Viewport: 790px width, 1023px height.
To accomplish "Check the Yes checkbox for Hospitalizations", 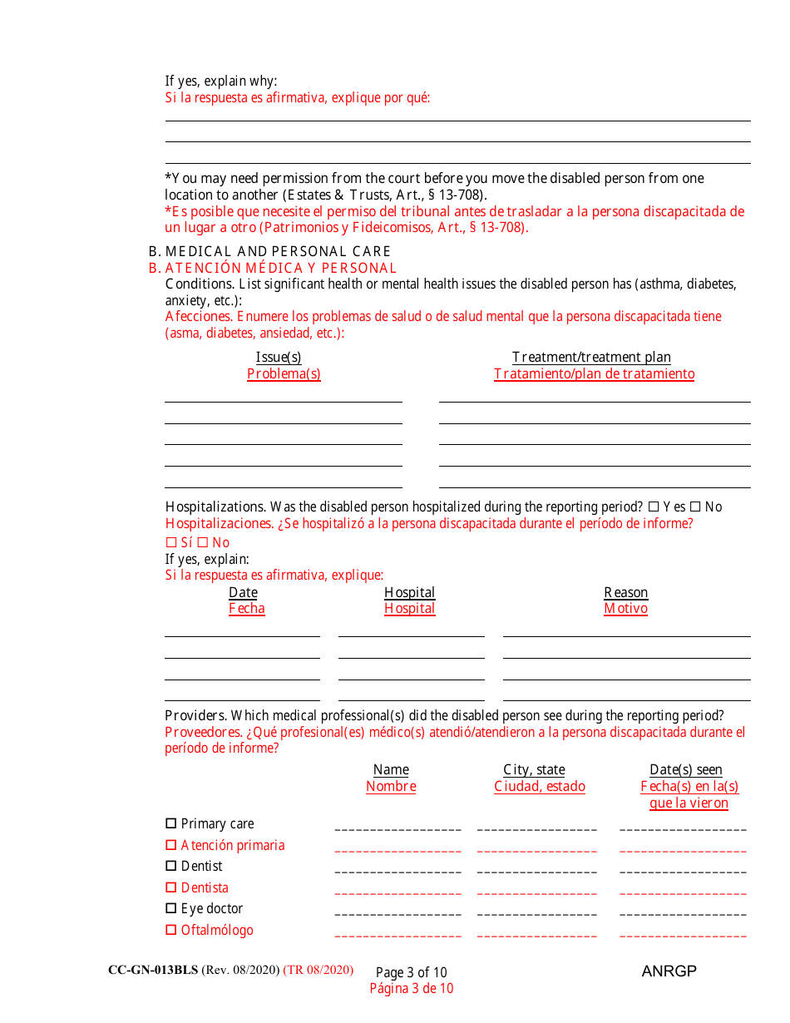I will pos(653,507).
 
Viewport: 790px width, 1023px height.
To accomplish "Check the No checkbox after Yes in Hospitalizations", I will pos(695,507).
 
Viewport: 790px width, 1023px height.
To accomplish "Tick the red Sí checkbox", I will pos(171,542).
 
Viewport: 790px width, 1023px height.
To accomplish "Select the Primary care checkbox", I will pos(171,823).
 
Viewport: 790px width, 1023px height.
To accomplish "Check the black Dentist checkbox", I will pos(171,866).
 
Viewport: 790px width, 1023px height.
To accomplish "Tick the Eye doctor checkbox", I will pos(171,908).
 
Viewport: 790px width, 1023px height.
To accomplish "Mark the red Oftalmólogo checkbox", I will pos(171,930).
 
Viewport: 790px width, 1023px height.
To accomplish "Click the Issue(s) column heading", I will pos(279,357).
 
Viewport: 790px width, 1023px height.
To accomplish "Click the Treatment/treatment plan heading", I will pos(591,357).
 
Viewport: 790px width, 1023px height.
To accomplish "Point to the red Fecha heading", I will pos(247,609).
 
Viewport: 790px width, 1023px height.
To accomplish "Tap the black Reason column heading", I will pos(625,592).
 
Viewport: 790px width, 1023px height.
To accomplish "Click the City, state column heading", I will pos(534,770).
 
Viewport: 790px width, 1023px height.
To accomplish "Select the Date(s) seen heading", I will pos(686,770).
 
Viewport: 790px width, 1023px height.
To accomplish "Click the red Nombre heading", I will pos(391,787).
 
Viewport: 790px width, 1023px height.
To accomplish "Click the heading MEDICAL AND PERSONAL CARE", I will pos(278,251).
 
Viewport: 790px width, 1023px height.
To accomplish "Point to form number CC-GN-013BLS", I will pos(153,971).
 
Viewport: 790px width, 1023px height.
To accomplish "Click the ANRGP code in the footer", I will pos(669,971).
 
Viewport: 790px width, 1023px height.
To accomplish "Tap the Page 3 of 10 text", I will pos(411,972).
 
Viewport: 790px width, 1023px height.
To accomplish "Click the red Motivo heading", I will pos(625,609).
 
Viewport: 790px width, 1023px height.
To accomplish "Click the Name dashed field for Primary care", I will pos(397,828).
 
